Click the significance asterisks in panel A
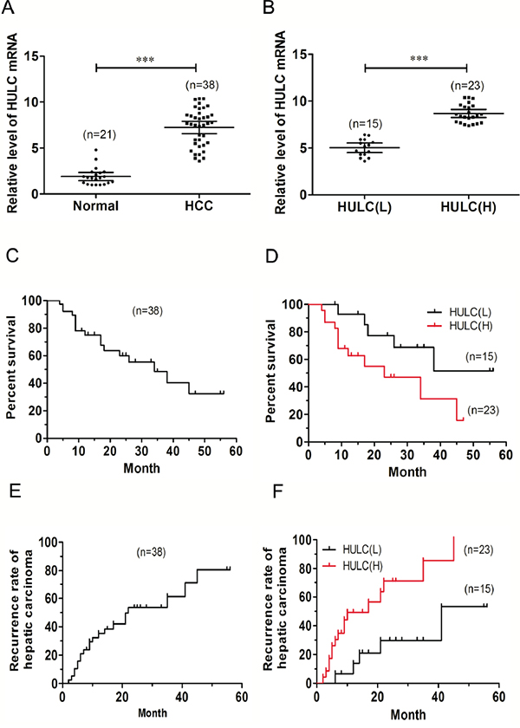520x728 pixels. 146,60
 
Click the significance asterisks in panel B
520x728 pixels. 416,60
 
